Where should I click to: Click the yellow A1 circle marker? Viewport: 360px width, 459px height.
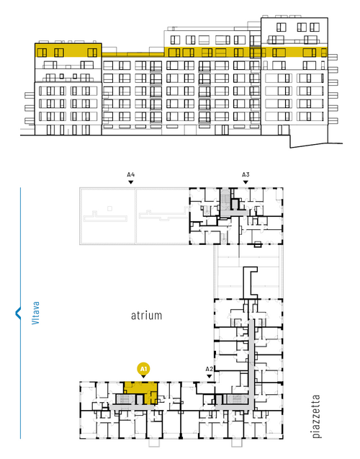(143, 369)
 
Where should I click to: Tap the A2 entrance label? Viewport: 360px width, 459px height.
(209, 368)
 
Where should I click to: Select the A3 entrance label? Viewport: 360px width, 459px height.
(246, 175)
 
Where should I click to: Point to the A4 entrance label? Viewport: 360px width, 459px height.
(131, 175)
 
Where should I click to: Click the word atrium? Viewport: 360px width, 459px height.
(146, 316)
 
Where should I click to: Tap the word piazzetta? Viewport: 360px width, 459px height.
(316, 416)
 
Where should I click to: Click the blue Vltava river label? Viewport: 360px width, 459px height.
(35, 313)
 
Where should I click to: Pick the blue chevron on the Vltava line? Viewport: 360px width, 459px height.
(18, 313)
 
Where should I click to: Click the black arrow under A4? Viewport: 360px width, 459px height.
(131, 182)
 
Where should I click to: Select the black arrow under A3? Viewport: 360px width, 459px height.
(246, 182)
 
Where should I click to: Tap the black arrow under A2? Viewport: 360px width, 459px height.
(209, 376)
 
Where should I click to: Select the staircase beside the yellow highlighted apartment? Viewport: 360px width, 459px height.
(124, 399)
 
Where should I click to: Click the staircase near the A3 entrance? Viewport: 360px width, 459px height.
(225, 199)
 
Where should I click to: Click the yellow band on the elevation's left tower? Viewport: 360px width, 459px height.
(68, 50)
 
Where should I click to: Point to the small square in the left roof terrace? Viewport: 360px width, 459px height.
(109, 208)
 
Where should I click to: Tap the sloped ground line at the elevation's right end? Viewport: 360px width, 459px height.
(316, 146)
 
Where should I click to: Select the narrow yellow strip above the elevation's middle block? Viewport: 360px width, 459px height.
(133, 55)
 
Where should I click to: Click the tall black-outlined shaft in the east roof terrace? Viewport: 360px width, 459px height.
(250, 281)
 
